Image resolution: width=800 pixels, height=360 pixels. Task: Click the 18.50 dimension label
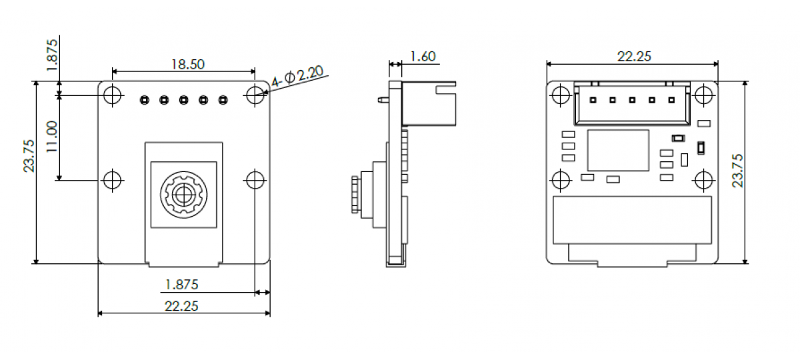click(187, 64)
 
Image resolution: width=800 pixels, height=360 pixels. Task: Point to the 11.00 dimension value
click(51, 137)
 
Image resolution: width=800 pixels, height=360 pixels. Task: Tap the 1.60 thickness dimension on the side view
click(423, 57)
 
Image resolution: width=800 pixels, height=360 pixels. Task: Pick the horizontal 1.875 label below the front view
click(181, 285)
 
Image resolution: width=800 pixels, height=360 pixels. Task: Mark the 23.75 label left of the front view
click(29, 156)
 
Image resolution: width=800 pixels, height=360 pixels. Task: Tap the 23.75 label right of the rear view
click(737, 171)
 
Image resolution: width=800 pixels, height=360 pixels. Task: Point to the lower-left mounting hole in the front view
click(113, 179)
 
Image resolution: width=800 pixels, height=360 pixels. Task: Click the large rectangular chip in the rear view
click(618, 149)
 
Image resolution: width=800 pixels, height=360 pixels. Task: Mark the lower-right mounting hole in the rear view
click(703, 179)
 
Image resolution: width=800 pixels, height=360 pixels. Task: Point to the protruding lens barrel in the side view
click(355, 194)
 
